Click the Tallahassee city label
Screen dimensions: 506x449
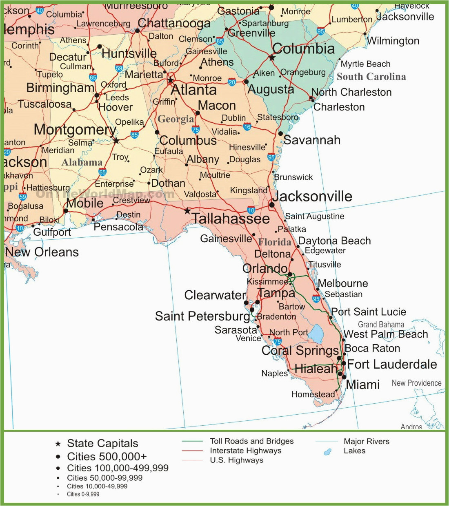(231, 219)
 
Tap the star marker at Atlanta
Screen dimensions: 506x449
(171, 80)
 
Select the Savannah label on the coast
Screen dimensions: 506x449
(312, 140)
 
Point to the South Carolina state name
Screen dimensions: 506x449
(371, 77)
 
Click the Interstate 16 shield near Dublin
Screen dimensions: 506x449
(247, 127)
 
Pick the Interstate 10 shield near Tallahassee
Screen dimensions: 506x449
(251, 210)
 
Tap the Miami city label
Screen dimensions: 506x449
(362, 384)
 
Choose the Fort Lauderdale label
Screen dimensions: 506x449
(392, 364)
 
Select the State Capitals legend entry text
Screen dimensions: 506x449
(102, 443)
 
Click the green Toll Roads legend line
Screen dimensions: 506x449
(192, 441)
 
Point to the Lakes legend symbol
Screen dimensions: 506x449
(327, 452)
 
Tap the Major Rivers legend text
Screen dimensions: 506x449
(366, 441)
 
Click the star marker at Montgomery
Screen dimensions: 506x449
(116, 141)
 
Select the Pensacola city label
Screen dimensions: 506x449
(118, 227)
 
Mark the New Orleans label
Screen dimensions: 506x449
(42, 252)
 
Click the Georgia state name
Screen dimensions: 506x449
(176, 119)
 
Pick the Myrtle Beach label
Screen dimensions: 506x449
(365, 64)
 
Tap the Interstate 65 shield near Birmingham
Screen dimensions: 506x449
(93, 77)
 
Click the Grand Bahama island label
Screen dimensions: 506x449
(381, 325)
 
